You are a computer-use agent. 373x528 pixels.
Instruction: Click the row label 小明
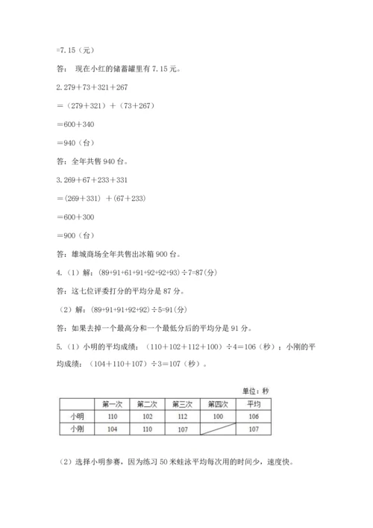(75, 417)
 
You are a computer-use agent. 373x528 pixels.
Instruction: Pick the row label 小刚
(75, 429)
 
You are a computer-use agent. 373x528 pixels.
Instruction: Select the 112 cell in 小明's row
(183, 417)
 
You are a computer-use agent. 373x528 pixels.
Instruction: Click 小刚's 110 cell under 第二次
(147, 429)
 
